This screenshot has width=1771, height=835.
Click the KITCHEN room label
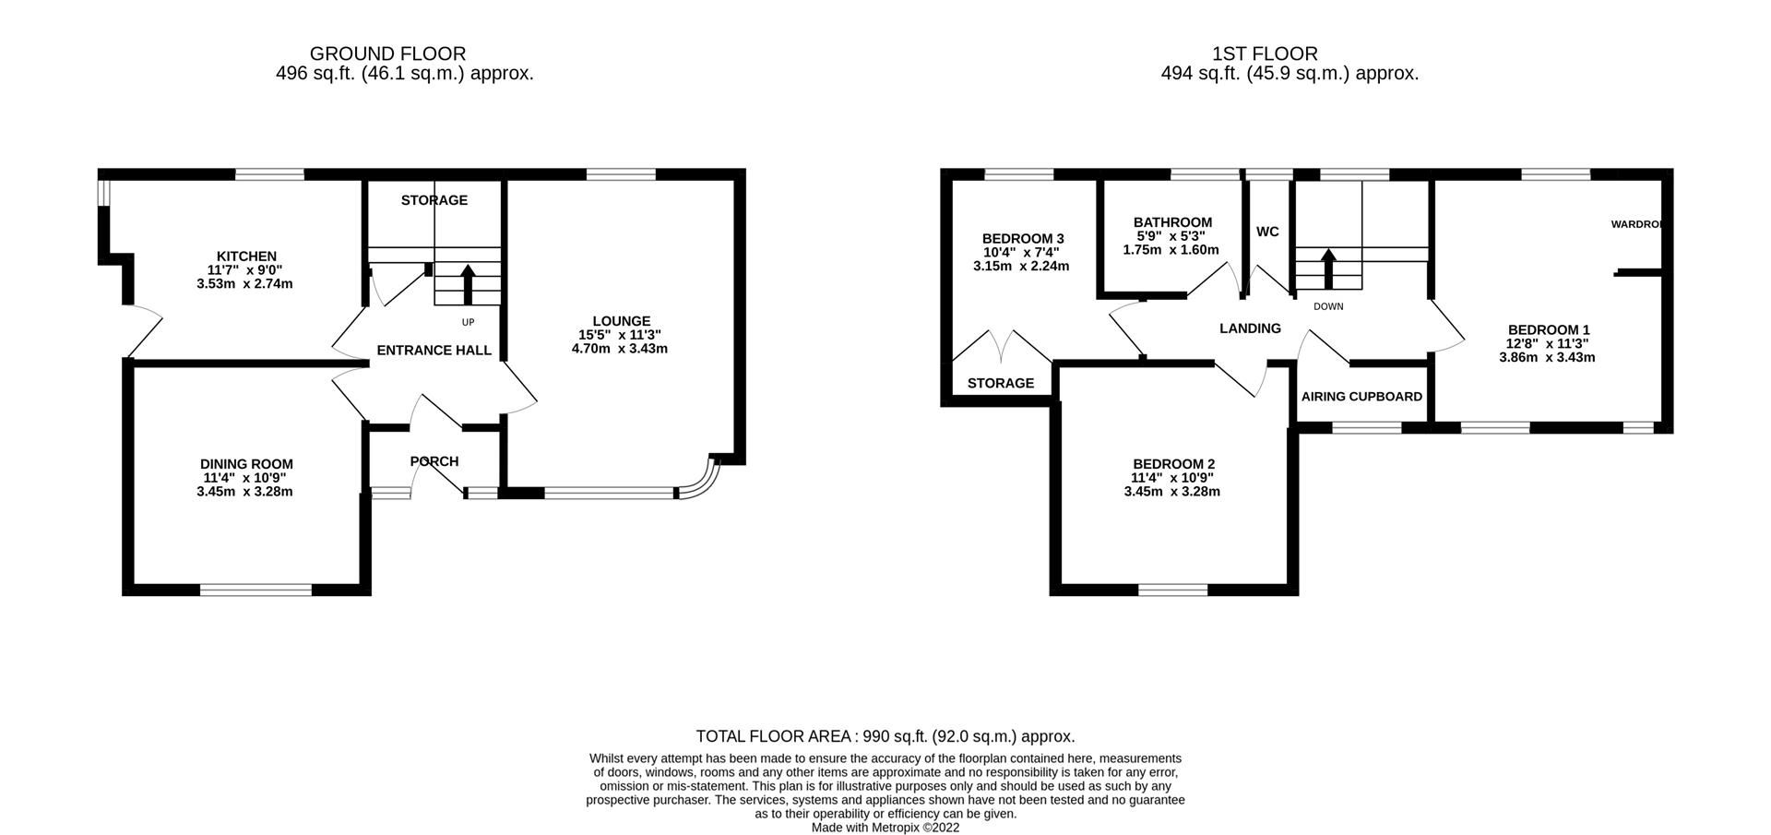(246, 256)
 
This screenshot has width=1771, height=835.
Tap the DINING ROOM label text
(246, 464)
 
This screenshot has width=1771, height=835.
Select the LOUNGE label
(621, 321)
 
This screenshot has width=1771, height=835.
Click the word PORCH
(434, 461)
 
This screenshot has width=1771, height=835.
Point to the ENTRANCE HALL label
(434, 351)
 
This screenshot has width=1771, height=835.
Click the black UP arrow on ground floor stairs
(468, 283)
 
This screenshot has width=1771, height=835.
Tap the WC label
(1267, 232)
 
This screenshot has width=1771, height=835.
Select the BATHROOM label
(1172, 222)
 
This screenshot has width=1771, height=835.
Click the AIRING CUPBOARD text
(1361, 397)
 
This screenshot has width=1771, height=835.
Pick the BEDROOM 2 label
(1173, 464)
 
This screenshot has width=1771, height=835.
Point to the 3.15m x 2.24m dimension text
(1021, 266)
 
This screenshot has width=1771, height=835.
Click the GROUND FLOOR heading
(387, 54)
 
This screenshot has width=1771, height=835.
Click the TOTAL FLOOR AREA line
(885, 736)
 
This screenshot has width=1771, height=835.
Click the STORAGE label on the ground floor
(434, 200)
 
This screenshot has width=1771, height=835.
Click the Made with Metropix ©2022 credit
(885, 828)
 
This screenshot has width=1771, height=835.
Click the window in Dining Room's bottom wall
(256, 590)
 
